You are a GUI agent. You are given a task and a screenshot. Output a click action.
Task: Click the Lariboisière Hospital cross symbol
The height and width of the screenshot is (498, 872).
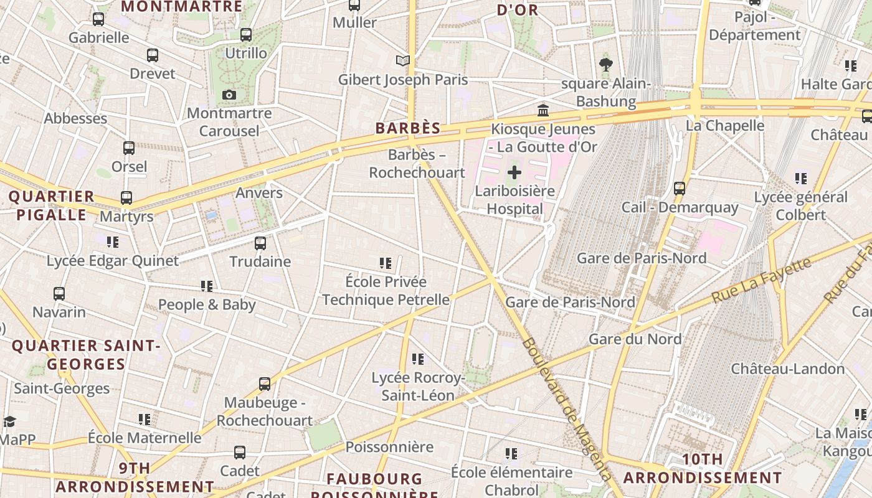(514, 172)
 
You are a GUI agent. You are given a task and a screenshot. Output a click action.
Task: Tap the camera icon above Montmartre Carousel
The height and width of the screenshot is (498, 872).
(229, 95)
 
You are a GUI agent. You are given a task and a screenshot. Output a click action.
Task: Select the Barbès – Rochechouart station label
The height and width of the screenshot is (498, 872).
(417, 164)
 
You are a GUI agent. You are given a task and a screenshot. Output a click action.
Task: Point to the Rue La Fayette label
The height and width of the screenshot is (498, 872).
(761, 280)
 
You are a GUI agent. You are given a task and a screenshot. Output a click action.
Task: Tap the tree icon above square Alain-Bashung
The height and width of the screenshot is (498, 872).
(605, 64)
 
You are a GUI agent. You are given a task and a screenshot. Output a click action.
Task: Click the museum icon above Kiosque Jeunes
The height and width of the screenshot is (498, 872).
(543, 110)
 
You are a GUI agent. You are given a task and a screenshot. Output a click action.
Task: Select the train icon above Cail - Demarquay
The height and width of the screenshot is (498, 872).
(680, 188)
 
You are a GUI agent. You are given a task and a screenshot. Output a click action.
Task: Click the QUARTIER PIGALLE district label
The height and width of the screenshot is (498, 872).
(51, 205)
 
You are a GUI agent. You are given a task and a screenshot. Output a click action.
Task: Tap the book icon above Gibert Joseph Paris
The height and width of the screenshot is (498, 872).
(404, 60)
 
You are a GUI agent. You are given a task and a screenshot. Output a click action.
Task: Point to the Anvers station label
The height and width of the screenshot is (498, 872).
(259, 193)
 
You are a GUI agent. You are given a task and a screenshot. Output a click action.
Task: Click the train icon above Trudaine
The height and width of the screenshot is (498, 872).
(260, 243)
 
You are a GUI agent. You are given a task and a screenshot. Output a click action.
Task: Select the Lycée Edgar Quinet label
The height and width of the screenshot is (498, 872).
(113, 261)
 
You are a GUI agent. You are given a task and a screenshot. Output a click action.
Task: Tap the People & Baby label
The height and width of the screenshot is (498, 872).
(207, 304)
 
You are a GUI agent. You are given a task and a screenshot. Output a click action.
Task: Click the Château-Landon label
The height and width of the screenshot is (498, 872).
(787, 369)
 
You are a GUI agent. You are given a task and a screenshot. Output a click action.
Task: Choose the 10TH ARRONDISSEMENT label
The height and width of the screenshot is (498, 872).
(703, 469)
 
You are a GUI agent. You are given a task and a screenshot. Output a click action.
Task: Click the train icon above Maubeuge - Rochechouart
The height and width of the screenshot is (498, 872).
(265, 384)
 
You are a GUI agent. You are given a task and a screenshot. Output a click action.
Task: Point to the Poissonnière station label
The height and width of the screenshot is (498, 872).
(389, 447)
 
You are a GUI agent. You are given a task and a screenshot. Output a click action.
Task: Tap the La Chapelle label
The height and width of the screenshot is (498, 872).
(724, 125)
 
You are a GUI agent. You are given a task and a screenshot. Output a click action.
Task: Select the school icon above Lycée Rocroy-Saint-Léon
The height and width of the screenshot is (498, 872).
(418, 359)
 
